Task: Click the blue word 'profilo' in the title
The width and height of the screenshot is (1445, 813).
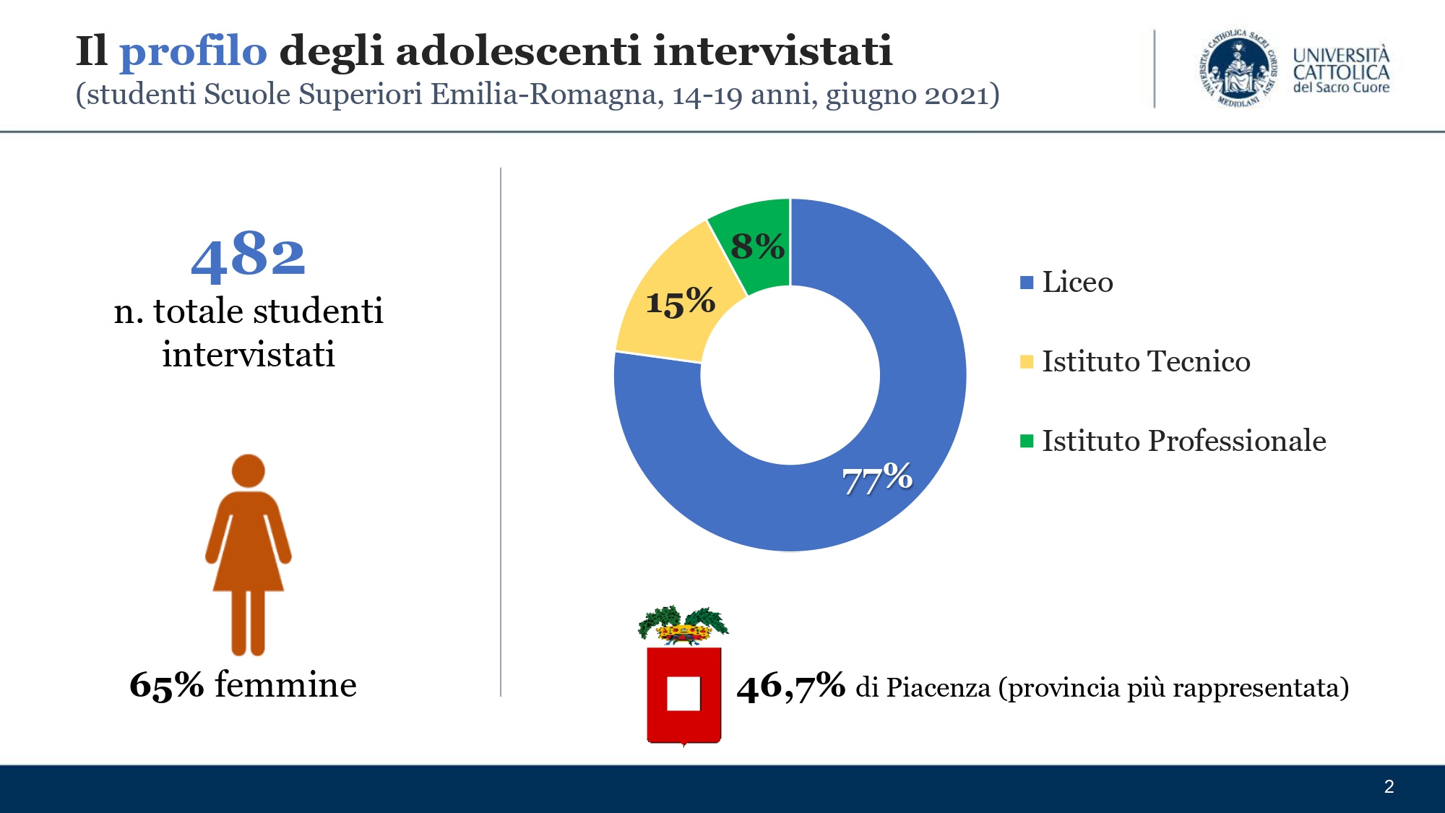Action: [x=193, y=52]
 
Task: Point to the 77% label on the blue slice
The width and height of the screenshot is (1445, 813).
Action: [x=877, y=478]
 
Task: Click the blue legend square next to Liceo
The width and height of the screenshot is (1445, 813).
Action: [x=1027, y=283]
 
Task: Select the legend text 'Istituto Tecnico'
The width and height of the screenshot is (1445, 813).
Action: [x=1146, y=361]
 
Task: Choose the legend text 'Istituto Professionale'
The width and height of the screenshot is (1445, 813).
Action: [x=1183, y=441]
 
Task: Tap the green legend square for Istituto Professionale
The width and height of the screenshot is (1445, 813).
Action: [x=1027, y=441]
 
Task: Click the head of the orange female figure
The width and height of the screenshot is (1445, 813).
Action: [x=249, y=470]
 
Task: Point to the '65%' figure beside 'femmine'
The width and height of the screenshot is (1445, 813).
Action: [x=167, y=685]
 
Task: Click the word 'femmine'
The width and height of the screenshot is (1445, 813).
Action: [x=285, y=685]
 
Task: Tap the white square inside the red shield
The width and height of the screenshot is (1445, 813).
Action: [x=683, y=694]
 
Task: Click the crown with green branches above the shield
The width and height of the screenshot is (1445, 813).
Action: [x=683, y=626]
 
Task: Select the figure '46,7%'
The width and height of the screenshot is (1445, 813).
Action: [x=791, y=687]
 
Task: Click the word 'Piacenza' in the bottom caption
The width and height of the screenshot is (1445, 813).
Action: [x=938, y=688]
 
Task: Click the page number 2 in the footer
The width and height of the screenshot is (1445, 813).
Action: [x=1389, y=787]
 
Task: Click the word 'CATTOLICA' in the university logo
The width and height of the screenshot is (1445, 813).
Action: [x=1341, y=72]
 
